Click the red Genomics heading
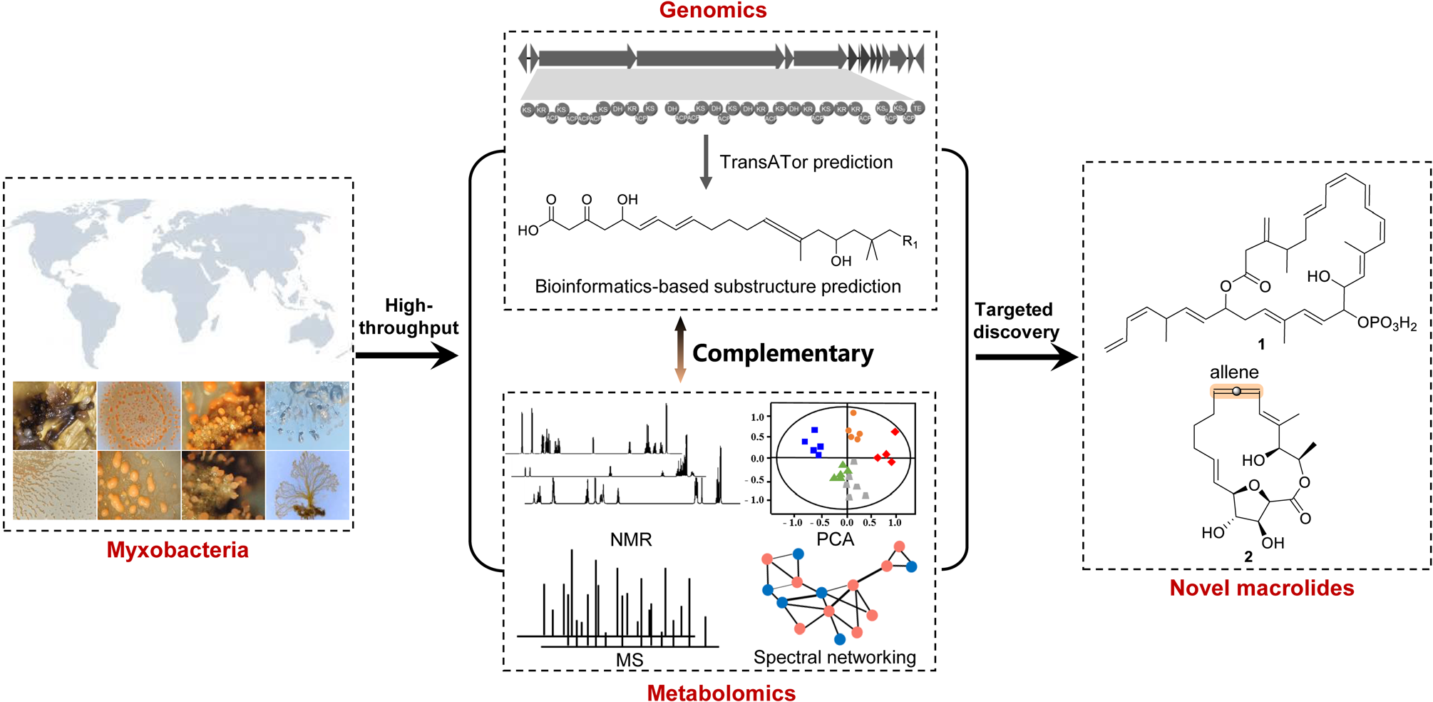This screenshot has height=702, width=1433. coord(712,11)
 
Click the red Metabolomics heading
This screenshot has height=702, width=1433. coord(721,692)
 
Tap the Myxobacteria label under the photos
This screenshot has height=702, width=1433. coord(178,549)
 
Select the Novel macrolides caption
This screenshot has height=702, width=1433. coord(1261,587)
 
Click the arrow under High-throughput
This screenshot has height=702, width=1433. coord(406,355)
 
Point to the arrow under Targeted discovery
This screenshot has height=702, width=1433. coord(1026,357)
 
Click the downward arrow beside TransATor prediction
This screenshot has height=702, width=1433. coord(706,162)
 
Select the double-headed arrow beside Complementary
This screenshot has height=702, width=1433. coord(680,350)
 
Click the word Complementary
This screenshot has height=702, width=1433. coord(782,353)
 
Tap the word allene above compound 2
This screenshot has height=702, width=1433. coord(1233,372)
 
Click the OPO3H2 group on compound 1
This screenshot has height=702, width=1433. coord(1387,323)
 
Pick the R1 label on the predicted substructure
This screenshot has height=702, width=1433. coord(910,242)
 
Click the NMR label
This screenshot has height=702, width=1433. coord(631,539)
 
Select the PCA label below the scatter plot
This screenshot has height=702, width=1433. coord(835,539)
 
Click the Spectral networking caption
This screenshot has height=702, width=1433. coord(834,657)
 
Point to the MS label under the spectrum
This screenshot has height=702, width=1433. coord(630,660)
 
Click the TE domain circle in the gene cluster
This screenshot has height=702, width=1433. coord(918,108)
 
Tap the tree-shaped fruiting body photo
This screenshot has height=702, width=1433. coord(308,485)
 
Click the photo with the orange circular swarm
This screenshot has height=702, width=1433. coord(139,416)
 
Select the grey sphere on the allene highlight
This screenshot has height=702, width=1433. coord(1236,391)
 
